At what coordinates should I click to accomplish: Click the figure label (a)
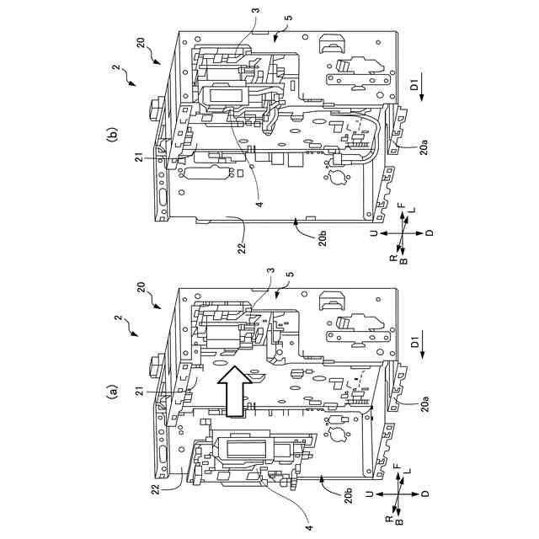pos(109,391)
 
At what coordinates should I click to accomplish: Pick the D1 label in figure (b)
pos(414,85)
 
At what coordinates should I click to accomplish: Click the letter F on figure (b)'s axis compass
pos(402,205)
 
